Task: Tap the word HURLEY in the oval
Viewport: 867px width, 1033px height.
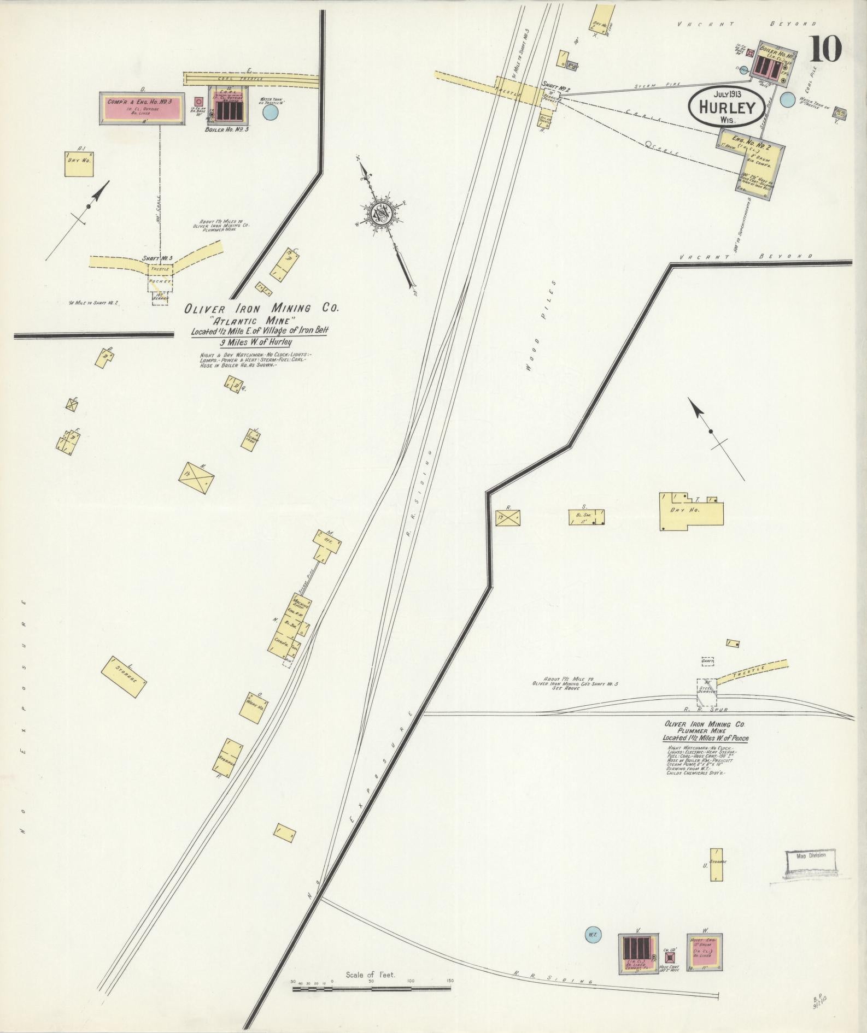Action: (x=725, y=107)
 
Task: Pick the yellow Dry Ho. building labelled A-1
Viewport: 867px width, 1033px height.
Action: (x=78, y=163)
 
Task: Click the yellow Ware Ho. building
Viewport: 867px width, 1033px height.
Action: (x=254, y=709)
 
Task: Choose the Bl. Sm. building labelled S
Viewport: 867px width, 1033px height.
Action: (x=586, y=516)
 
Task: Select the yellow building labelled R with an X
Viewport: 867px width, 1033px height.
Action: (x=508, y=517)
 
